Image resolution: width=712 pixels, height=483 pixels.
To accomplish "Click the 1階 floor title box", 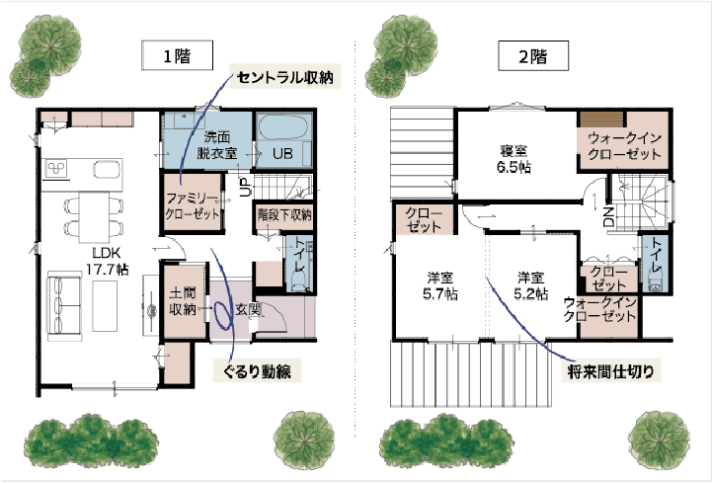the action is (177, 55).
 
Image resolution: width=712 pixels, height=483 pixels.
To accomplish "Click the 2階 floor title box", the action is (533, 55).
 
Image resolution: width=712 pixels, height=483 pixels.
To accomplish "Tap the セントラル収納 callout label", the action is (285, 77).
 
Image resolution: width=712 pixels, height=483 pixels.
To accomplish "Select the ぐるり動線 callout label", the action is (258, 371).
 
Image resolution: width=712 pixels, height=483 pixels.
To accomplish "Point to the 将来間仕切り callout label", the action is (611, 371).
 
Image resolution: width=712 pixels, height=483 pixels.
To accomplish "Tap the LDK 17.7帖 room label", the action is (108, 262).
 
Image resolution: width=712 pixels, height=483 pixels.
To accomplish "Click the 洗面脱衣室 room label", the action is (217, 144).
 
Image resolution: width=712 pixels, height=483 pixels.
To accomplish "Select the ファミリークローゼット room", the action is (193, 204).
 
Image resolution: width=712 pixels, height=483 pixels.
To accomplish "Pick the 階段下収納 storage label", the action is (284, 214).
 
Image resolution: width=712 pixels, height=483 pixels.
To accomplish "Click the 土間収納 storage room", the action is (184, 301).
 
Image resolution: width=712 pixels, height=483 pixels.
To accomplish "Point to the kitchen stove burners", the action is (56, 168).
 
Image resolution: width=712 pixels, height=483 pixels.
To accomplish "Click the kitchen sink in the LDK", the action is (108, 169).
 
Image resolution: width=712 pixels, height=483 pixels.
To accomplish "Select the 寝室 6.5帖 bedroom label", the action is (514, 159).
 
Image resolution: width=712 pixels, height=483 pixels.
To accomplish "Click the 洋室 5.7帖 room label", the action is (440, 285).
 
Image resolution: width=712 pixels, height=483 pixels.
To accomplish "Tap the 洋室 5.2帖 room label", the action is (530, 285).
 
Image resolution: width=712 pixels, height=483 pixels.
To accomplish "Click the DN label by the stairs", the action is (608, 216).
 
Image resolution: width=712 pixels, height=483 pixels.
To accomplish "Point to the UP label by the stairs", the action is (245, 187).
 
